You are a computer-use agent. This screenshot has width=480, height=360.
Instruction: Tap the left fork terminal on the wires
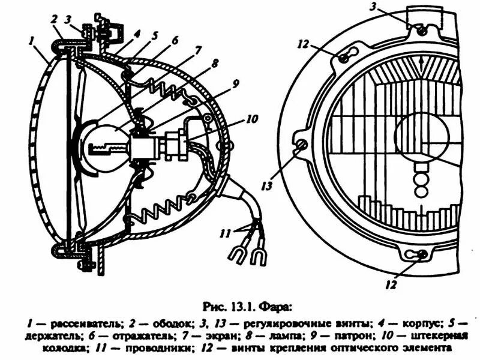[x=236, y=254]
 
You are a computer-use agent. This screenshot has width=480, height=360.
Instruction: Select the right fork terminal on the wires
[x=258, y=258]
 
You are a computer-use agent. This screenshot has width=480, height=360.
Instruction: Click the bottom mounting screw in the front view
[x=423, y=254]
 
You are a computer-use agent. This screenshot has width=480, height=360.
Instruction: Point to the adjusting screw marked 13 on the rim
[x=301, y=145]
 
